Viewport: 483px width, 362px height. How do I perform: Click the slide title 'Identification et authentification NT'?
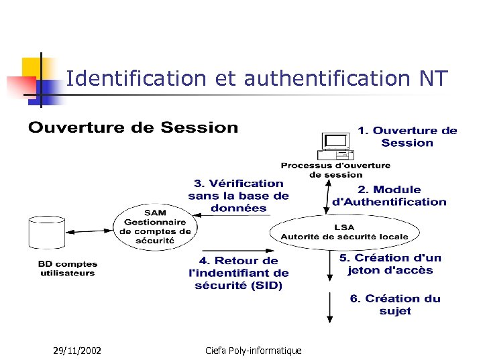pyautogui.click(x=257, y=79)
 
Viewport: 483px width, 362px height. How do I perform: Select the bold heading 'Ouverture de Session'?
pyautogui.click(x=133, y=127)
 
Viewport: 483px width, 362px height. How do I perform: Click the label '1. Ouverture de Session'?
pyautogui.click(x=407, y=137)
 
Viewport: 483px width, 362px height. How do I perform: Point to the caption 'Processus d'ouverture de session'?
pyautogui.click(x=335, y=170)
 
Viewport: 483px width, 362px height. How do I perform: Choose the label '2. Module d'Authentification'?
pyautogui.click(x=389, y=196)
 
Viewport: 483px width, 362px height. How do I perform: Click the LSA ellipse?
pyautogui.click(x=344, y=232)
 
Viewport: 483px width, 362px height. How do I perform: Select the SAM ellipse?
pyautogui.click(x=154, y=226)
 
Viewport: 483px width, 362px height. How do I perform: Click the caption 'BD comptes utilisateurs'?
pyautogui.click(x=67, y=269)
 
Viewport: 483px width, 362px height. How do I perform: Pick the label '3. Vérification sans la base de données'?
pyautogui.click(x=238, y=195)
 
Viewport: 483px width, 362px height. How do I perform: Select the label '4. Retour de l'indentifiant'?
pyautogui.click(x=238, y=273)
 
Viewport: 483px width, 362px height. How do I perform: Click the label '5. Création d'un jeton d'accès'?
pyautogui.click(x=390, y=264)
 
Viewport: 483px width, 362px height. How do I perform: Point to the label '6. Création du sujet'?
pyautogui.click(x=394, y=305)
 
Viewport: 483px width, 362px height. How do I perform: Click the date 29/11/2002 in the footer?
pyautogui.click(x=77, y=350)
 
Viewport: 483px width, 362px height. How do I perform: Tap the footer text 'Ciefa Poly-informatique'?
pyautogui.click(x=254, y=350)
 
